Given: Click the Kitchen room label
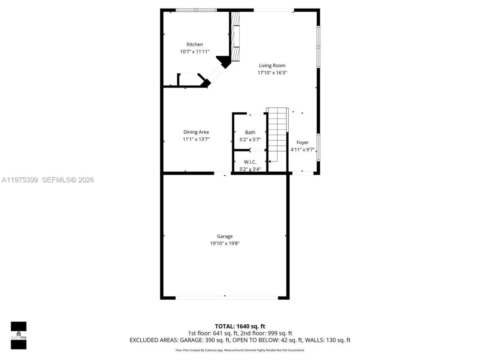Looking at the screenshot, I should tap(195, 45).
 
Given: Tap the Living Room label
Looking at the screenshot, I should tap(272, 66).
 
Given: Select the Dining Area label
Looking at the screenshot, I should tap(196, 132).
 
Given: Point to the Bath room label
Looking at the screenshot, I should tap(250, 132).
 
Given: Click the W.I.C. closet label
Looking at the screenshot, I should tap(250, 162).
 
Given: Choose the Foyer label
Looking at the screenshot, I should tap(302, 142).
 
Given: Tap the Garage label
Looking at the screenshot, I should tap(225, 236).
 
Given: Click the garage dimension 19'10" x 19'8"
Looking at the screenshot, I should tap(225, 243).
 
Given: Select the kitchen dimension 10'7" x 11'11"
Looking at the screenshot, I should tap(195, 52).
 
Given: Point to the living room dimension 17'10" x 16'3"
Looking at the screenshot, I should tap(272, 73).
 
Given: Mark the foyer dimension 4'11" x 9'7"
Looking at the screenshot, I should tap(302, 150).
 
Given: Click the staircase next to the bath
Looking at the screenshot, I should tap(277, 135).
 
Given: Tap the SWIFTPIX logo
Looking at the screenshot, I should tap(18, 335).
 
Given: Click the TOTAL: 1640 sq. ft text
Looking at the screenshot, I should tap(240, 326).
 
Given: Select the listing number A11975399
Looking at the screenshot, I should tap(19, 180).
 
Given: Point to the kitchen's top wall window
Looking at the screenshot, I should tap(196, 10).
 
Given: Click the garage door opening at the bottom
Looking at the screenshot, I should tap(226, 298).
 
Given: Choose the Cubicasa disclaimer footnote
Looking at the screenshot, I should tap(240, 350).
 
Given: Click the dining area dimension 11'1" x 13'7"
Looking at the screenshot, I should tap(196, 139).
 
